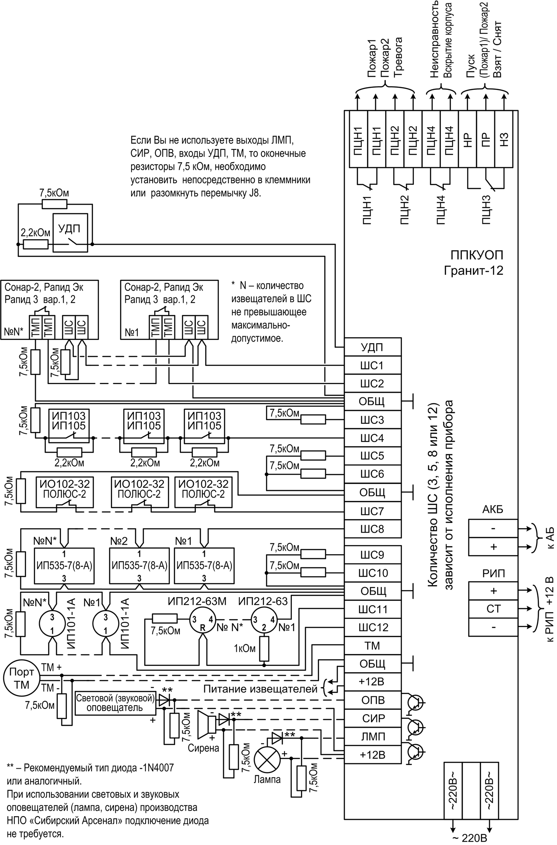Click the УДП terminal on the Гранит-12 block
click(x=372, y=347)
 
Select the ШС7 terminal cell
click(x=372, y=512)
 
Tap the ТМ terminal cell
click(x=372, y=646)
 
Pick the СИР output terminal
click(x=372, y=718)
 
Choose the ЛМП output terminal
click(x=372, y=736)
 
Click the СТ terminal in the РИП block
click(x=493, y=609)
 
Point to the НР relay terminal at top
click(x=468, y=139)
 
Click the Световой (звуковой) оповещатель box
click(x=115, y=703)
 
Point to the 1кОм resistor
click(x=264, y=648)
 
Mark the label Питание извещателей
click(x=261, y=689)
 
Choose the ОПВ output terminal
click(x=372, y=700)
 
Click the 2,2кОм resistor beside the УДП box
click(x=35, y=244)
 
